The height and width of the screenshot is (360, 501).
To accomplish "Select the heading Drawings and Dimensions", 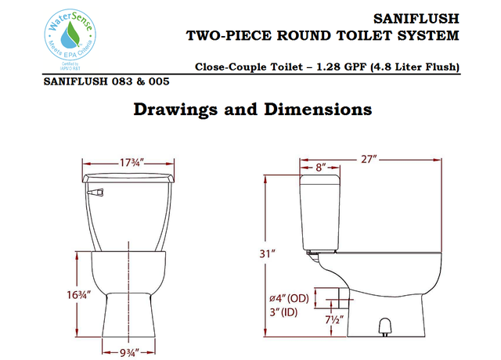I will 251,109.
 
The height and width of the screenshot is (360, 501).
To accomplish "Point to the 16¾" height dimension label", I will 79,295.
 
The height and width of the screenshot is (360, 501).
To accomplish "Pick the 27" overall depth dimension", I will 369,160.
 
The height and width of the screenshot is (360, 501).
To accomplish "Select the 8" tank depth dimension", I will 321,167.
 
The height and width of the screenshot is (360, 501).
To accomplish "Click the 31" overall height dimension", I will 269,254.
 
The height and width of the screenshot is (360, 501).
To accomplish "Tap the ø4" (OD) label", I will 288,298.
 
